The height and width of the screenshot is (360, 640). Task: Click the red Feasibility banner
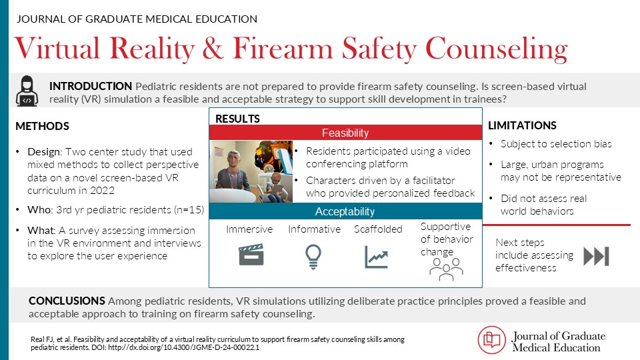tap(345, 133)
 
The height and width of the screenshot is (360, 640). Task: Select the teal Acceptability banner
tap(345, 211)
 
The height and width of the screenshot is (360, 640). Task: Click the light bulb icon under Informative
tap(314, 256)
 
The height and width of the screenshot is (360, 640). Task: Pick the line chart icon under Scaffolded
tap(377, 257)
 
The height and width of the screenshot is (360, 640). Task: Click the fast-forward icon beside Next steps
tap(595, 256)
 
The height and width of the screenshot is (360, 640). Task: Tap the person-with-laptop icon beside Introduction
tap(27, 91)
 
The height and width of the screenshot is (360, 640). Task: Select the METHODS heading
tap(42, 126)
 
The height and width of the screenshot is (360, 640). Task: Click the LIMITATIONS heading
tap(522, 125)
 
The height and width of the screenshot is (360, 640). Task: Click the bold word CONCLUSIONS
tap(66, 301)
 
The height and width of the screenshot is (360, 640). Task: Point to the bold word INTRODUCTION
tap(91, 86)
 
